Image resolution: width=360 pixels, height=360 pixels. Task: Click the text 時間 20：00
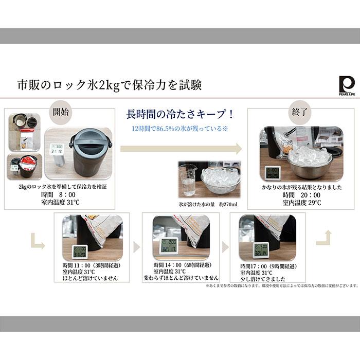[301, 195]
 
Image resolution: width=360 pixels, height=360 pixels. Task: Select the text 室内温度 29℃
[301, 203]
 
